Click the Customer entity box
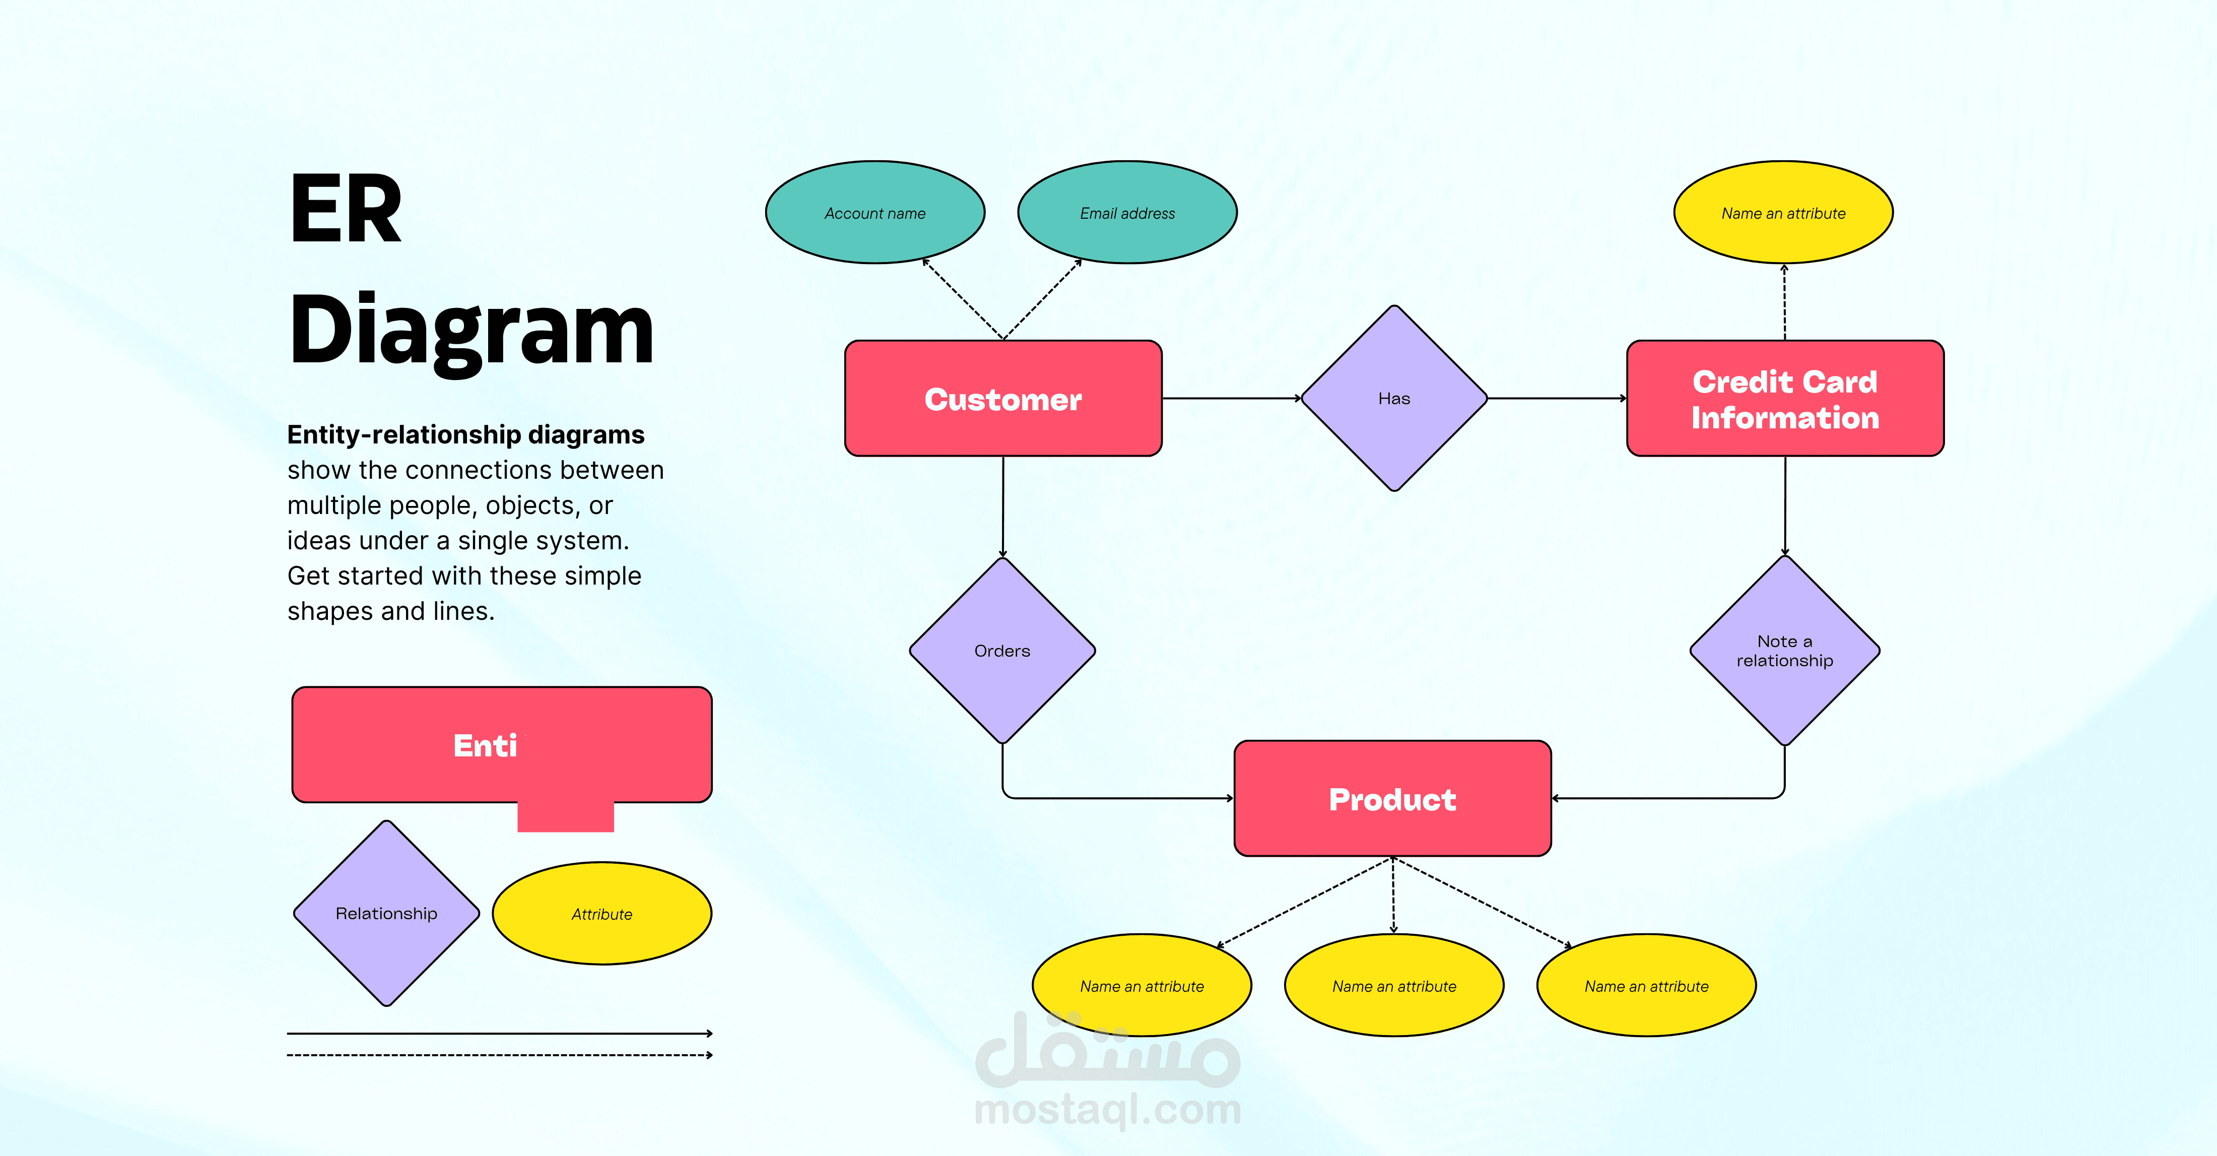click(1002, 399)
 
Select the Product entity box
click(1392, 799)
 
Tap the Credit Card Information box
click(1784, 399)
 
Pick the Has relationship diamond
click(1393, 399)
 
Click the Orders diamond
click(1002, 651)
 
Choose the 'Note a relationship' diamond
click(1784, 651)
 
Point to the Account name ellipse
click(875, 213)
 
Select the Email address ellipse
click(1126, 213)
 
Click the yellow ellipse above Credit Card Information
click(1782, 213)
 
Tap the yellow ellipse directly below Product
click(1393, 986)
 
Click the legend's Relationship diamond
click(386, 913)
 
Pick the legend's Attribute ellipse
click(601, 913)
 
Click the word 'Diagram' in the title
click(471, 332)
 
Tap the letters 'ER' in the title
click(345, 209)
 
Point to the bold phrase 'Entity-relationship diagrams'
click(465, 435)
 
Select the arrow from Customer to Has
click(1231, 399)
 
